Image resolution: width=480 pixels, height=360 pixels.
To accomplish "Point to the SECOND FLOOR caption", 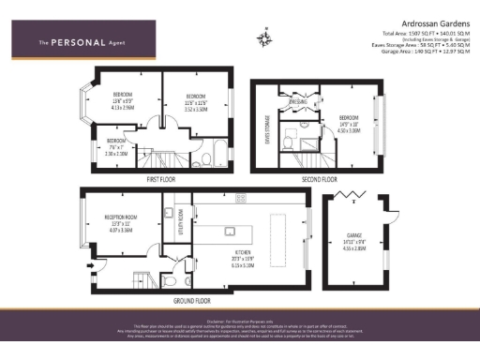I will point(318,177).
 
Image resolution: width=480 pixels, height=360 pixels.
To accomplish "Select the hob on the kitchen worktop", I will point(240,199).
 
